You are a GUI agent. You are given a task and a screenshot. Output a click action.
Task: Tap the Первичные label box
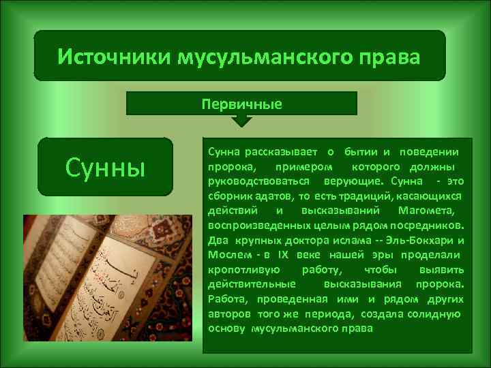242,104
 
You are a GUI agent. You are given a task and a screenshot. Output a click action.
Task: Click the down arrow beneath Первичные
242,121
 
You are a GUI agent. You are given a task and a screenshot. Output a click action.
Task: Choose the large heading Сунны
105,167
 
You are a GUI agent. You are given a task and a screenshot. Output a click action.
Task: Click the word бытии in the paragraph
361,151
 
